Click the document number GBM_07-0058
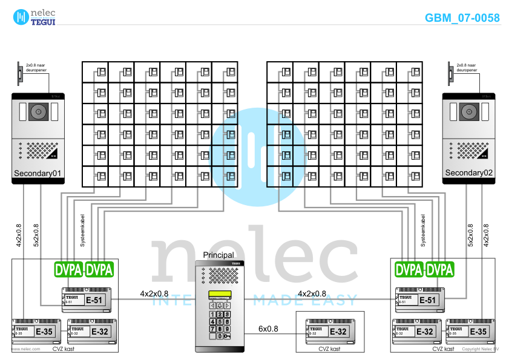pos(462,18)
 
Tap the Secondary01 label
pos(38,174)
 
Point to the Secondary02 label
pos(469,173)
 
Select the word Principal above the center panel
pos(218,255)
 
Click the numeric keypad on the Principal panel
pos(219,325)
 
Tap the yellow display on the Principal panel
pos(219,295)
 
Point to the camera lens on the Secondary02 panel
pos(468,111)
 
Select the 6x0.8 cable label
pos(268,329)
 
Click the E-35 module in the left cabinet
pos(36,331)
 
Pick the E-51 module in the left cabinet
pos(87,299)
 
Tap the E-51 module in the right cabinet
pos(421,299)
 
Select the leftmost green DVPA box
pos(68,269)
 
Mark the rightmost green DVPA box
pos(440,269)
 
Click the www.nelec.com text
pos(27,349)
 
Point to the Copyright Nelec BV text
pos(480,349)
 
